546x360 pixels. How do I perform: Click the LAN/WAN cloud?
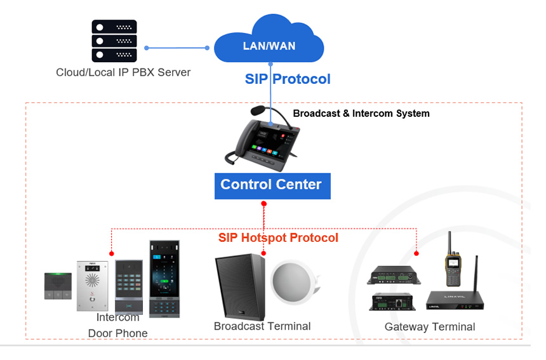269,43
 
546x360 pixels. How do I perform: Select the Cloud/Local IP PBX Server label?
123,72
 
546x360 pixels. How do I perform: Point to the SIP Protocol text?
288,79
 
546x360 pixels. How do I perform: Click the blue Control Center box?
272,185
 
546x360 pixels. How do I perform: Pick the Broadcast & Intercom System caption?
361,114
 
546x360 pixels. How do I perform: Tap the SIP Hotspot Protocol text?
278,238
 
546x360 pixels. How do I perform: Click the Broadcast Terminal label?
262,326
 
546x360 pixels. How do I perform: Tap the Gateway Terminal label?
429,327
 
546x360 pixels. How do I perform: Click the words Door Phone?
117,333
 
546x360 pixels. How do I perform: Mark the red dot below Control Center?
263,204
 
